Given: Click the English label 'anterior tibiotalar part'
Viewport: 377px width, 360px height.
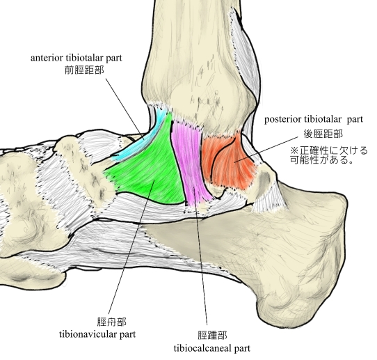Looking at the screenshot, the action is (77, 58).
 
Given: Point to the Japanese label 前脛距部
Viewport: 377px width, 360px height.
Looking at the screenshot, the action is (84, 70).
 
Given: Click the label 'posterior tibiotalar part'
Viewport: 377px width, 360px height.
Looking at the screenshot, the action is (314, 119).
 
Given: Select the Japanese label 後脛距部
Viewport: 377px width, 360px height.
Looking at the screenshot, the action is (323, 134).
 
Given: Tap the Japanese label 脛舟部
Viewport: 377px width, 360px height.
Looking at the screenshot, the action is (112, 322).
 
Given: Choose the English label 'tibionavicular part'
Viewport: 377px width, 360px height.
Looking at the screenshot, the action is (97, 334).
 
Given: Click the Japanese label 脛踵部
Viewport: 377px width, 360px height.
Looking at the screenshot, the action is (212, 335).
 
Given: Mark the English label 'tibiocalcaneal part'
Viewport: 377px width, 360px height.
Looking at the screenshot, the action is (212, 348).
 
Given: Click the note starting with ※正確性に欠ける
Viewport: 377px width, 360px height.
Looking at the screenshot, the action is (329, 155).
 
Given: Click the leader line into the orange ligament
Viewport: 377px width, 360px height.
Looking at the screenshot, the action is (266, 150).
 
